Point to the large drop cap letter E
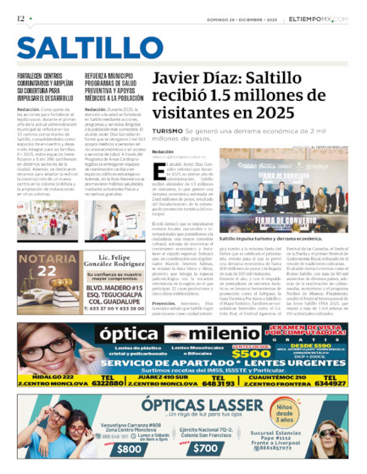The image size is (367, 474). click(156, 170)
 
